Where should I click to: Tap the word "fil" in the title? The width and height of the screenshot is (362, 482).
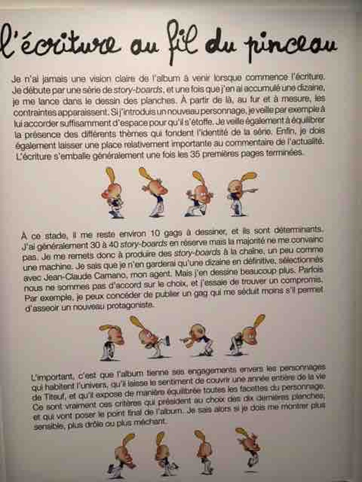pyautogui.click(x=182, y=42)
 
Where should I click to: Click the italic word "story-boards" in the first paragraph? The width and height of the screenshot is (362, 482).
pyautogui.click(x=138, y=90)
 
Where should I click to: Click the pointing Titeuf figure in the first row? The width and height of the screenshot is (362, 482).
pyautogui.click(x=242, y=194)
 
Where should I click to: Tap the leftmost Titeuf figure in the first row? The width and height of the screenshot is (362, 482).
pyautogui.click(x=112, y=193)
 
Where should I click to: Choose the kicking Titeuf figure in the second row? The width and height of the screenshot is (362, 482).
pyautogui.click(x=149, y=337)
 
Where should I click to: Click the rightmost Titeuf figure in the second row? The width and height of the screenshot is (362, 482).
pyautogui.click(x=247, y=335)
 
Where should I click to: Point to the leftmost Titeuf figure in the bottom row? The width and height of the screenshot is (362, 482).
pyautogui.click(x=122, y=456)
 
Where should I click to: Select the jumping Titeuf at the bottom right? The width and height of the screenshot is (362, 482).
pyautogui.click(x=249, y=448)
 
